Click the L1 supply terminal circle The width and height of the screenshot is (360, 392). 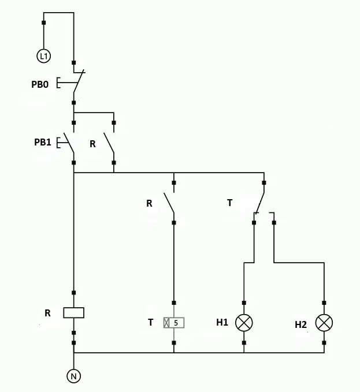tap(44, 56)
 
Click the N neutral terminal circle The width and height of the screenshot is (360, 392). tap(74, 376)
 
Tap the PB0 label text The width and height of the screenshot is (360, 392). tap(40, 84)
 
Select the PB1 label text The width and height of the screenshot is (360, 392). tap(43, 142)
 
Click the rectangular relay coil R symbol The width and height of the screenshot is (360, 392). tap(74, 313)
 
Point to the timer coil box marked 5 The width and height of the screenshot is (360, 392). tap(174, 323)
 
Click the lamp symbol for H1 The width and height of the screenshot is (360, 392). tap(244, 323)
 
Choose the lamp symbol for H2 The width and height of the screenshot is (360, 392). tap(324, 323)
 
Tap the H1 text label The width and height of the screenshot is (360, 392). tap(222, 323)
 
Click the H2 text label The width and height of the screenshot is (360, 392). tap(300, 324)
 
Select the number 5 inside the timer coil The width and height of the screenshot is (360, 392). tap(176, 323)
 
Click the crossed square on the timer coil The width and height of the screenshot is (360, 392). tap(166, 323)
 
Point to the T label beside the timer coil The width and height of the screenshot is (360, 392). tap(150, 323)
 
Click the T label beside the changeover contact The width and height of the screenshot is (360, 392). tap(229, 203)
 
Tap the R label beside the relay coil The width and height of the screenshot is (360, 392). tap(47, 313)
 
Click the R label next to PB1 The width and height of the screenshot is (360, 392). tap(92, 144)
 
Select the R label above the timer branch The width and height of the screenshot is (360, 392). tap(149, 203)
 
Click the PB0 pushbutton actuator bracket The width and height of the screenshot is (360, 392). tap(58, 83)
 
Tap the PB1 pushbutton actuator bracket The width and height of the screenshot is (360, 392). tap(58, 143)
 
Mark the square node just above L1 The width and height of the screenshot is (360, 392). tap(44, 23)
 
